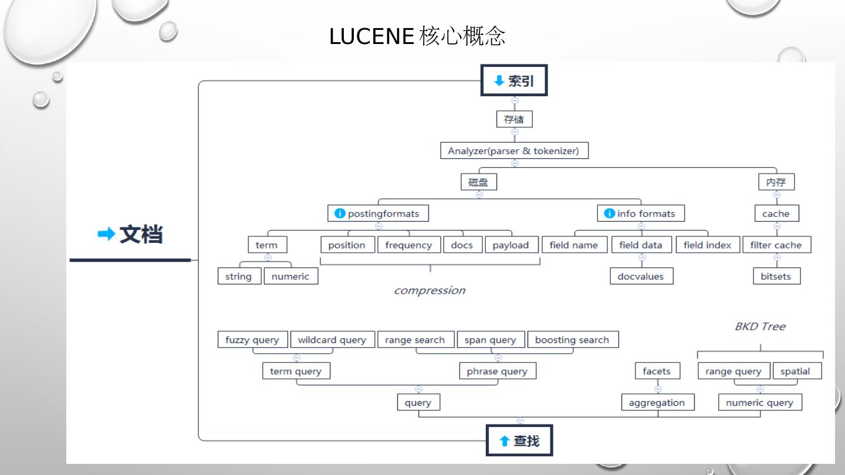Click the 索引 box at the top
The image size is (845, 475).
pos(514,80)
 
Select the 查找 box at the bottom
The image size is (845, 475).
pos(519,440)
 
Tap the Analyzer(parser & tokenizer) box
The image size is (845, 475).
pos(514,151)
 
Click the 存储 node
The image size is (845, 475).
pos(514,120)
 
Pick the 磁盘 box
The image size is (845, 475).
pos(478,182)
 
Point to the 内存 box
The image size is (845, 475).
pos(776,182)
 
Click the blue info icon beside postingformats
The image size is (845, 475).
pos(340,213)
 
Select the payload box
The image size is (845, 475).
pos(511,245)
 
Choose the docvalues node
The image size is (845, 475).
pos(641,276)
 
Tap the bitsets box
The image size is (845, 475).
pos(776,276)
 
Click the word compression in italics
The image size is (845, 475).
pos(430,290)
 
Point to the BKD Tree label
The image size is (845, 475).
pos(760,327)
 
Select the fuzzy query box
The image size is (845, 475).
pos(253,340)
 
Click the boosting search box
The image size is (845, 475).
pos(572,340)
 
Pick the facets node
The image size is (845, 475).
pos(657,371)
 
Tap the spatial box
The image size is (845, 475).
pos(796,371)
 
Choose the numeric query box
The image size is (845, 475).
pos(760,402)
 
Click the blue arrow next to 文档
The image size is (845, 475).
pos(106,235)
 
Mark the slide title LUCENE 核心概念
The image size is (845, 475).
pos(417,37)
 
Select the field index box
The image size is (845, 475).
pos(708,245)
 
